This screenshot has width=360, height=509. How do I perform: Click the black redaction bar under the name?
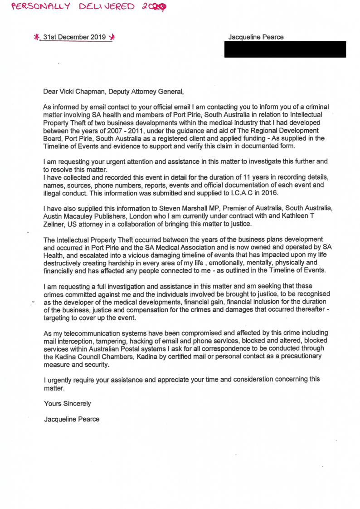pyautogui.click(x=285, y=49)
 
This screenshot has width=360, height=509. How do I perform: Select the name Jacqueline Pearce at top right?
pyautogui.click(x=256, y=37)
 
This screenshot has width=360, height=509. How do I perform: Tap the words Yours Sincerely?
pyautogui.click(x=67, y=403)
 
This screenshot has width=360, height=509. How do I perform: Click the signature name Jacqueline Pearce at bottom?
pyautogui.click(x=72, y=419)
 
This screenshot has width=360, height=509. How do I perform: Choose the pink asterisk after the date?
pyautogui.click(x=112, y=38)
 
